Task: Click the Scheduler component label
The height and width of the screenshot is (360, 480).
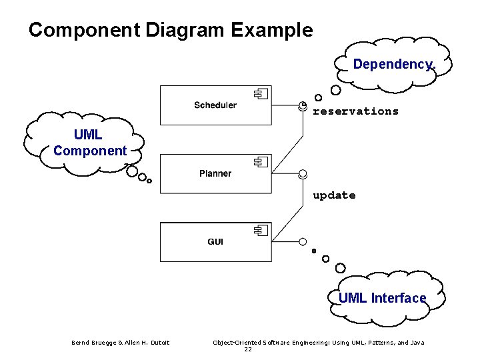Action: tap(215, 105)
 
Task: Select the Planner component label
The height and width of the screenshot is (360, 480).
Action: tap(215, 173)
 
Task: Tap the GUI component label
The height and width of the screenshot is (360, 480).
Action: tap(215, 241)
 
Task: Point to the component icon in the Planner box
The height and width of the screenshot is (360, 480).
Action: tap(260, 162)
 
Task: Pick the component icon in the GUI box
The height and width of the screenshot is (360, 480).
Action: tap(260, 231)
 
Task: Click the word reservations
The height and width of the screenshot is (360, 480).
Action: tap(355, 111)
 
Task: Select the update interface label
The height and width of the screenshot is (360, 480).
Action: tap(334, 195)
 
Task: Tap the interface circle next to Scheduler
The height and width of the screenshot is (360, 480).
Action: tap(303, 106)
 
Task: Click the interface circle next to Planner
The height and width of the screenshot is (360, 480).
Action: tap(303, 174)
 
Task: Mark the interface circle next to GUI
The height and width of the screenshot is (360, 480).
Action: tap(303, 241)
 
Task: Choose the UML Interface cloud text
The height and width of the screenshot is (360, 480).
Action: tap(382, 298)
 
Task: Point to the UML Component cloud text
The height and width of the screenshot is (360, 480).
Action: tap(90, 143)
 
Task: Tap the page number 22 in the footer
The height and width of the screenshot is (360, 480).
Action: tap(248, 349)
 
